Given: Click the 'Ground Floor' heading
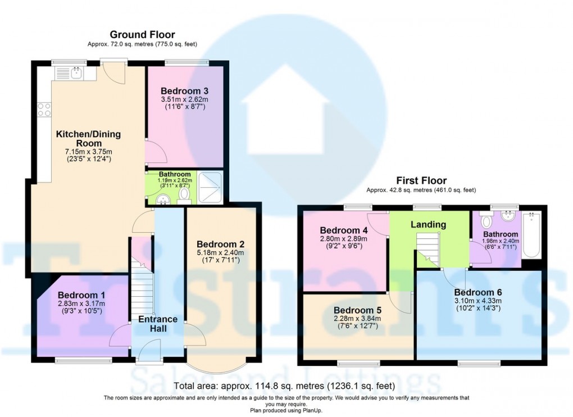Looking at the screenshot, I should coord(142,35).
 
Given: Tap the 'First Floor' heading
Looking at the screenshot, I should coord(421,180).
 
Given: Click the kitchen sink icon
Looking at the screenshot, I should coord(69,73).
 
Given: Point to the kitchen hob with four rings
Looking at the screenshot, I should coord(44,110).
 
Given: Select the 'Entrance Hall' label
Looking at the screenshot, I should coord(158,324).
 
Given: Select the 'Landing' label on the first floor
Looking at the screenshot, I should coord(428,224).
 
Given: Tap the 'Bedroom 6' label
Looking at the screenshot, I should coord(477,292).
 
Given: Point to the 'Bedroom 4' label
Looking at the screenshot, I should coord(343,230).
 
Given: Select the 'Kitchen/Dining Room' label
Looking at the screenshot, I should coord(88,139).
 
